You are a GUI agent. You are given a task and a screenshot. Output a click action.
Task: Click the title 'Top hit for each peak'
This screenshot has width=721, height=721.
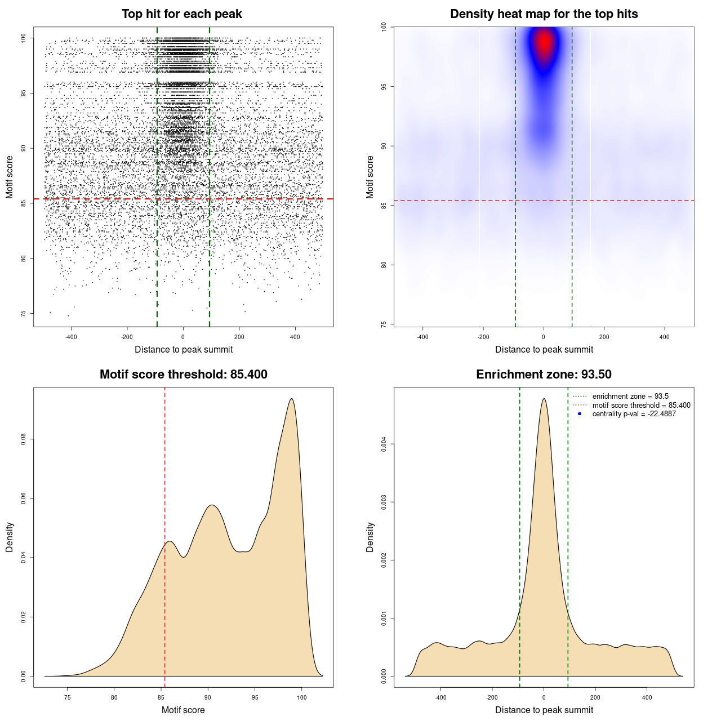181,14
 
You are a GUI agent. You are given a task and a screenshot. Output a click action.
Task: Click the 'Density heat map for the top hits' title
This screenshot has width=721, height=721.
544,14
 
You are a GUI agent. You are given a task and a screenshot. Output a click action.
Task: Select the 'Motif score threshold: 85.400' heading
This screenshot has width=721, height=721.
183,375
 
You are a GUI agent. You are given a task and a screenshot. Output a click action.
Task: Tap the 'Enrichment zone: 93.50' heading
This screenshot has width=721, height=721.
544,375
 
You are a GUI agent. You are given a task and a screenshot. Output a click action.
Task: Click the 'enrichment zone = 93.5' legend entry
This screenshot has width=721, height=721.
630,397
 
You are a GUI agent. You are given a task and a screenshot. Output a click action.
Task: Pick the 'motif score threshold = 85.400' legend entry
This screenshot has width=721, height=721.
641,405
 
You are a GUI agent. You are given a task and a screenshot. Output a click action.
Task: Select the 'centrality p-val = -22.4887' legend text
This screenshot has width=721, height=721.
634,414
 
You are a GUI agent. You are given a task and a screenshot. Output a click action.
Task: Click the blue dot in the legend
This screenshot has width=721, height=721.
580,414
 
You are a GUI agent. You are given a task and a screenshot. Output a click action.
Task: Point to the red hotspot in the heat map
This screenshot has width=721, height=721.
544,42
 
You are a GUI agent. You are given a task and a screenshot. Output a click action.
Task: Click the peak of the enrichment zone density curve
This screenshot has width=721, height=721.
544,399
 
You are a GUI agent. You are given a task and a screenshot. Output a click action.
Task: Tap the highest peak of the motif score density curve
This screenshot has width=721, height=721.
291,399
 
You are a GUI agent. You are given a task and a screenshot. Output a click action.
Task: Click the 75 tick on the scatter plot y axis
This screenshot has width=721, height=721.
24,313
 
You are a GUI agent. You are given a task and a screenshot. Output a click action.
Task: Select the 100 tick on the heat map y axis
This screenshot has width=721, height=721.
384,27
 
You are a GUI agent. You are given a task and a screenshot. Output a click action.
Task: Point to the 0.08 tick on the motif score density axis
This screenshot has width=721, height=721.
24,439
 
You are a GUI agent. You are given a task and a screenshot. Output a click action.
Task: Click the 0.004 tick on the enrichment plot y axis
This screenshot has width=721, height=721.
384,444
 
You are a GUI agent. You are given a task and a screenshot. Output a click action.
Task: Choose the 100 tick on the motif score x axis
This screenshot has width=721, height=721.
302,697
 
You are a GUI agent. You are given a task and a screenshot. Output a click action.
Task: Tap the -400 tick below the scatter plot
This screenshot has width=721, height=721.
71,337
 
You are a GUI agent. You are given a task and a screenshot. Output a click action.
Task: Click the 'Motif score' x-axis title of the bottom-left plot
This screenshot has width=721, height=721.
183,710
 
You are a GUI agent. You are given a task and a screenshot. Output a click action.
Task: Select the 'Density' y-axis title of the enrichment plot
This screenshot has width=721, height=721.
370,537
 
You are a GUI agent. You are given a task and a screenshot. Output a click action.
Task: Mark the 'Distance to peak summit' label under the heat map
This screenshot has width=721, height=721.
544,349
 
